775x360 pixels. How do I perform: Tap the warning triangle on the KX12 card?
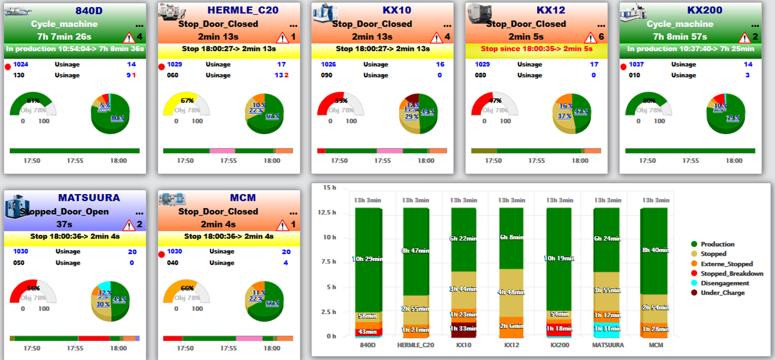click(591, 38)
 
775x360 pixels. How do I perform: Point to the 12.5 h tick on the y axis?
click(329, 212)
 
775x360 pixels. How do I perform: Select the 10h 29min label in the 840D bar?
click(367, 259)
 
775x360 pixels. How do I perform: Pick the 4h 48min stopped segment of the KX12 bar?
click(510, 292)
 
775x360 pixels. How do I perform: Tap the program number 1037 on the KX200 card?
click(636, 64)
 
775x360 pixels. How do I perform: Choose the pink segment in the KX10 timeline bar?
click(389, 151)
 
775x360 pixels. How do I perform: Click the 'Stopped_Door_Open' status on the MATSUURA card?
click(64, 212)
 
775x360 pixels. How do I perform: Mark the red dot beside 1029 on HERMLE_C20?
click(161, 67)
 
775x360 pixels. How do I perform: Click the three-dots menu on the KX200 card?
click(755, 25)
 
